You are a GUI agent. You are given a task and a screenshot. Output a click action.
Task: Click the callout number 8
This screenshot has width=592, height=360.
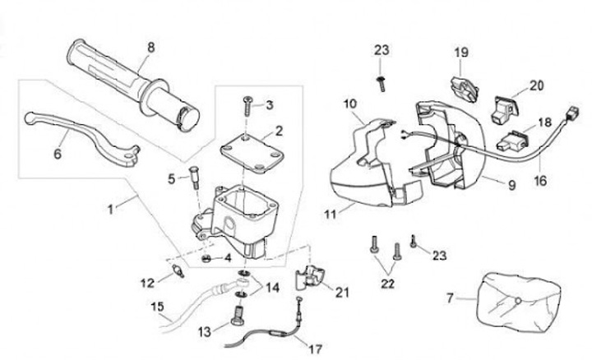tap(150, 48)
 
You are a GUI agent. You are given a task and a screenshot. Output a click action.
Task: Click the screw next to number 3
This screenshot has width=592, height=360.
tap(246, 105)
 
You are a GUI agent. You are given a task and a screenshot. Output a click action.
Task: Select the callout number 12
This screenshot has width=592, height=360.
tap(146, 284)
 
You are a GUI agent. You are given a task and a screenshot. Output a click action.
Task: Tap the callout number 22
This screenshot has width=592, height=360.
tap(388, 284)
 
